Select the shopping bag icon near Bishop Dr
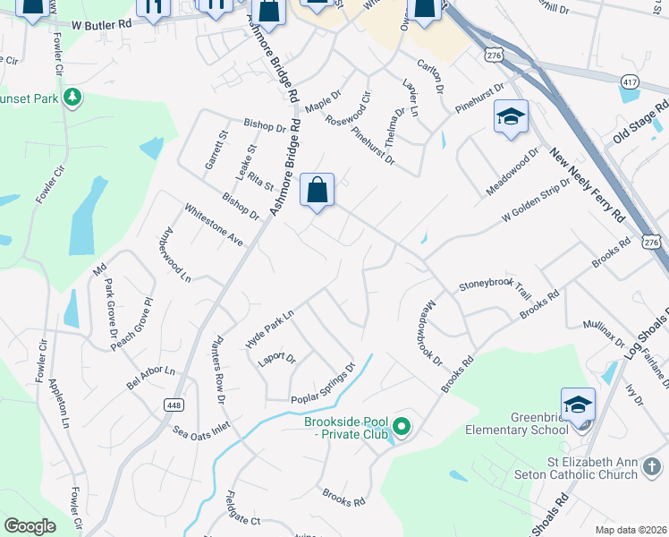pos(317,191)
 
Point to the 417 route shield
pos(629,81)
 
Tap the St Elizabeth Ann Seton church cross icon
pos(654,466)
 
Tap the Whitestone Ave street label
pos(214,226)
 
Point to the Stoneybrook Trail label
pos(495,288)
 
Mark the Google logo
pos(30,526)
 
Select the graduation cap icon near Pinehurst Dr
pos(510,117)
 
